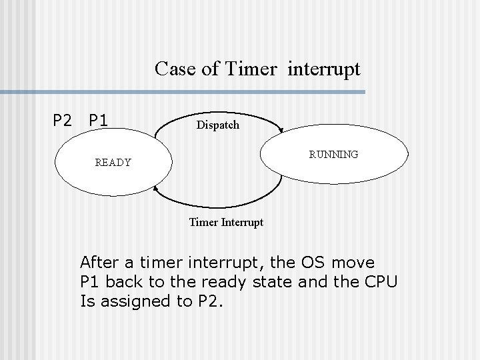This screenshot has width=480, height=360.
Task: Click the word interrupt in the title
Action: tap(324, 69)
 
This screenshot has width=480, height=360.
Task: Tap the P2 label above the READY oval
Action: tap(63, 121)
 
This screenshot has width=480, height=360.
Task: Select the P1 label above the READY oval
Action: tap(99, 121)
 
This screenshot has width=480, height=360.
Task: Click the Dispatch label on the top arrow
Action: tap(217, 125)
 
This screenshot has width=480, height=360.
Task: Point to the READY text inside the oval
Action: tap(113, 162)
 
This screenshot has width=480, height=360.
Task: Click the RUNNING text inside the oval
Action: tap(333, 154)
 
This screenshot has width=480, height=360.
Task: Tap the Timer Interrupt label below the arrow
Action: tap(226, 222)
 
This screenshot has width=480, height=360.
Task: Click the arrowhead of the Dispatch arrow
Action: tap(283, 131)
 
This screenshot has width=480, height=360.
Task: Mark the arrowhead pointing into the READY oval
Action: tap(156, 189)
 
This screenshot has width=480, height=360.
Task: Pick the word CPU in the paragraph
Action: tap(381, 281)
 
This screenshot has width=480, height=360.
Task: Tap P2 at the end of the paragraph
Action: tap(211, 301)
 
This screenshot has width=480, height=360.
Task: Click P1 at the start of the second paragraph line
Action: tap(91, 281)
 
